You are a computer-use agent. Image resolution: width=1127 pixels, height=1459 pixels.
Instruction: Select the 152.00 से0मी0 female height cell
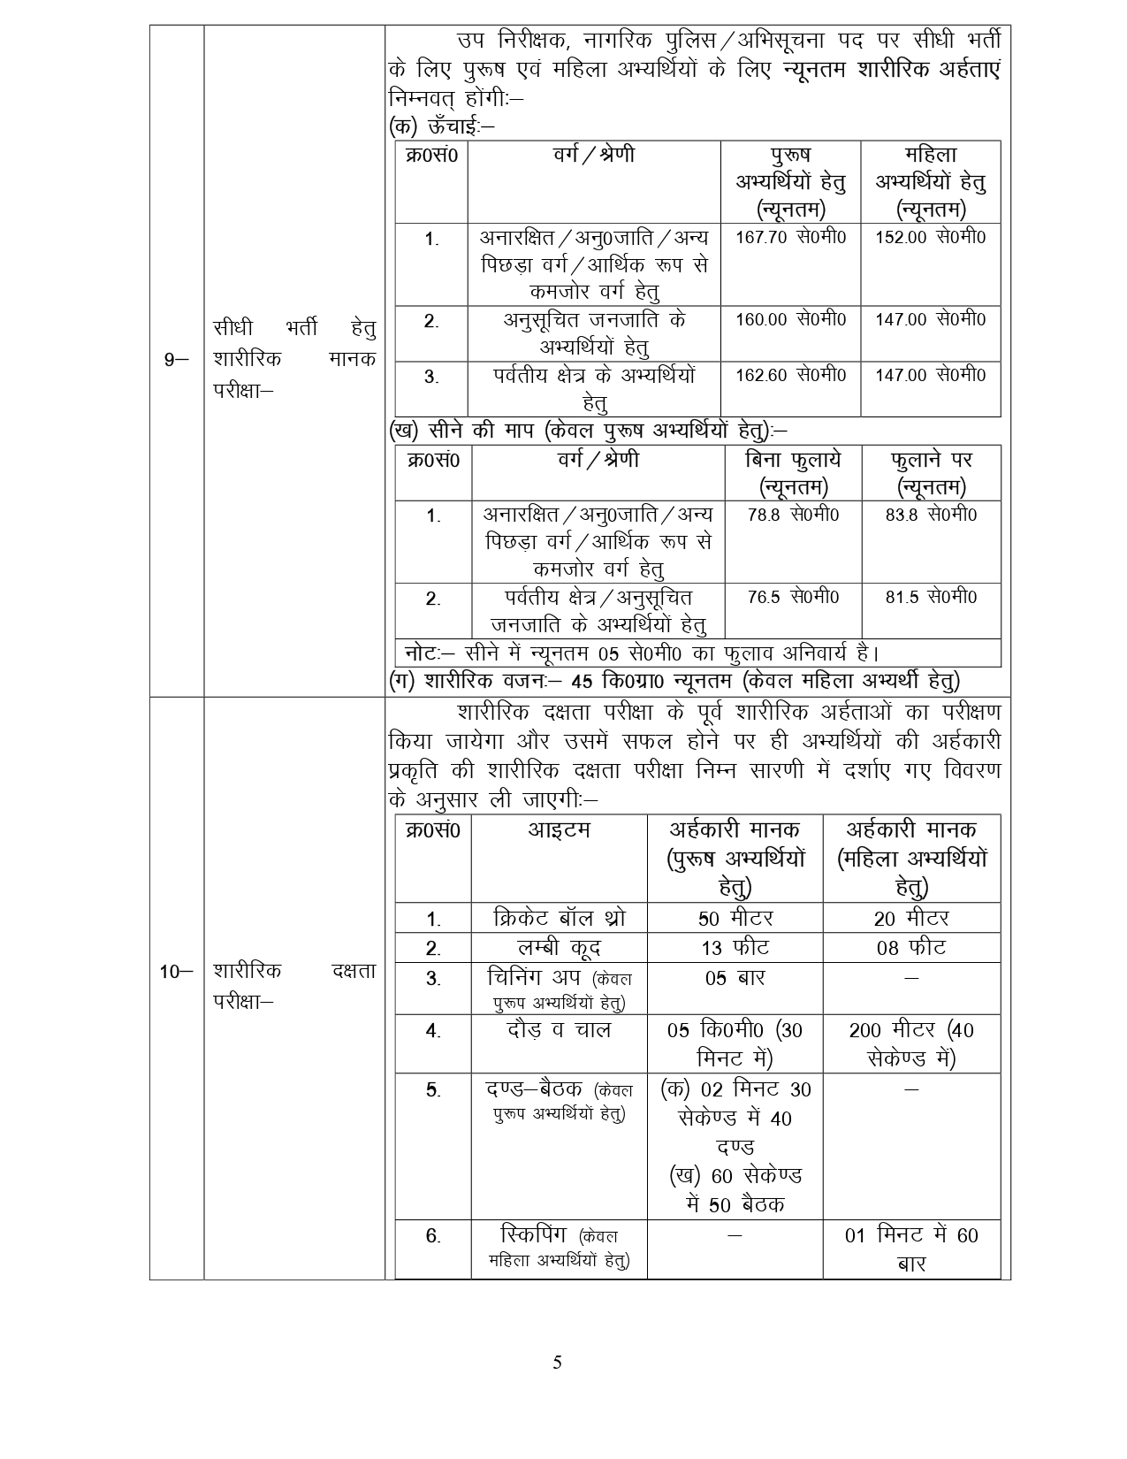click(930, 238)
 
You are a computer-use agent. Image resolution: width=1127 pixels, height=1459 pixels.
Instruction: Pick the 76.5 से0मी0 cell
click(793, 598)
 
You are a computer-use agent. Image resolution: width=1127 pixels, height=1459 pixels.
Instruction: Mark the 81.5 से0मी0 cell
click(931, 598)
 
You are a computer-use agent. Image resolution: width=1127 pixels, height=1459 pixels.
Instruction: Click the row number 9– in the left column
click(177, 359)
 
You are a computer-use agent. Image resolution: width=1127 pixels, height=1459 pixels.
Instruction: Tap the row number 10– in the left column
click(176, 972)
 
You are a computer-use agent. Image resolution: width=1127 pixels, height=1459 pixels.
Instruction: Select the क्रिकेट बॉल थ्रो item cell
click(559, 918)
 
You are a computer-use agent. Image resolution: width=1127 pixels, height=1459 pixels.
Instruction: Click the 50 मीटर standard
click(735, 918)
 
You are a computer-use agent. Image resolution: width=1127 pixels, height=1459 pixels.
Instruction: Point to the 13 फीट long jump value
click(735, 948)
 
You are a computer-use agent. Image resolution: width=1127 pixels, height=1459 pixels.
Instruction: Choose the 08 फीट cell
click(911, 948)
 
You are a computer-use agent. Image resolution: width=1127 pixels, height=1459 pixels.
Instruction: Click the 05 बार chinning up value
click(735, 978)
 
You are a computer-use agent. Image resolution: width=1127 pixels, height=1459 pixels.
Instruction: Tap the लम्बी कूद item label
click(559, 948)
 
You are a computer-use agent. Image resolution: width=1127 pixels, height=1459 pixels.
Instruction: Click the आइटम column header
click(559, 830)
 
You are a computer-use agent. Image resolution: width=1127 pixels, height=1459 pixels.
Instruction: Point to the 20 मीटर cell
click(911, 918)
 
